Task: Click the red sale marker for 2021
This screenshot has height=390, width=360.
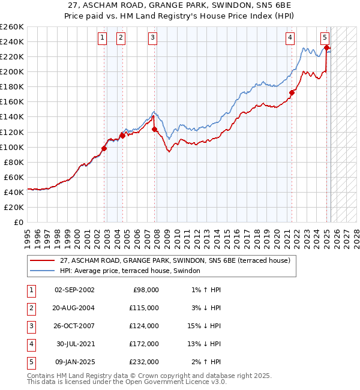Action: coord(292,92)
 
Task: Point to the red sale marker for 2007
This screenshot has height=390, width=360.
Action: coord(155,128)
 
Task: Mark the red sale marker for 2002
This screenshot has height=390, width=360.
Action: coord(104,148)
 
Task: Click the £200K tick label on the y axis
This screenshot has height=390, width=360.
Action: coord(12,71)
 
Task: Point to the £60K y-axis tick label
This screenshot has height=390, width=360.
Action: coord(14,177)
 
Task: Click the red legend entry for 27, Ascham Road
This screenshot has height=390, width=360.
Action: coord(175,260)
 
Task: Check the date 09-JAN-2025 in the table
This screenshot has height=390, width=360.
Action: coord(74,362)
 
